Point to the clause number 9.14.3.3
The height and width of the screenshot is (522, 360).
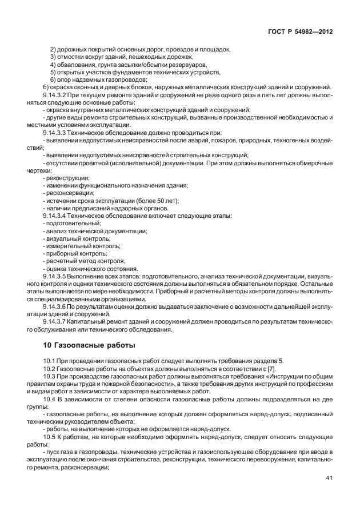(57, 132)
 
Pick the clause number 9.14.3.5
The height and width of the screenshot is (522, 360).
(57, 276)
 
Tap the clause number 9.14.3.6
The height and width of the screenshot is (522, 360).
(57, 306)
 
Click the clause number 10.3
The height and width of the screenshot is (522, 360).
(49, 376)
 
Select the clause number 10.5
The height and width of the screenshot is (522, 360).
(49, 428)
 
